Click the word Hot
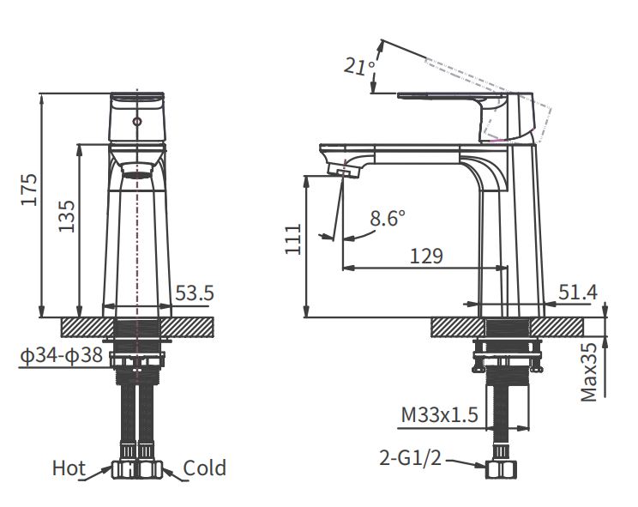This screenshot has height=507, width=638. (x=69, y=468)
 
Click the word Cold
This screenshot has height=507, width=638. (x=205, y=468)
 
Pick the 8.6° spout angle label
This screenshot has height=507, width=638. (x=387, y=219)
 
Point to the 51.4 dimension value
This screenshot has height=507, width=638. (x=577, y=293)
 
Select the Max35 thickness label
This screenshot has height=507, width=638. (x=589, y=371)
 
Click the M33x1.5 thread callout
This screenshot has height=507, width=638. (x=440, y=416)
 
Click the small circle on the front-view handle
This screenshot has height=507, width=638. (x=136, y=123)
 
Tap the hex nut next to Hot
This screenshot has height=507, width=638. (x=125, y=469)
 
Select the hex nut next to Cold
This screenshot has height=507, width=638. (x=150, y=469)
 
